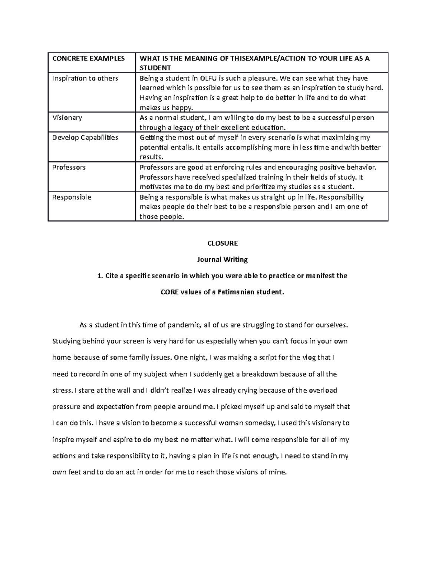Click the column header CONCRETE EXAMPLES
88,59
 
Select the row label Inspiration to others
85,78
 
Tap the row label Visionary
67,118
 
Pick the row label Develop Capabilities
85,138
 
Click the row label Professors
69,167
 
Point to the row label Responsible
72,197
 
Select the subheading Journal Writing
222,260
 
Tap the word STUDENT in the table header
155,68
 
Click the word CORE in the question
169,292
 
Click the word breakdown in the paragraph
260,374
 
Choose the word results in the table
151,157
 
